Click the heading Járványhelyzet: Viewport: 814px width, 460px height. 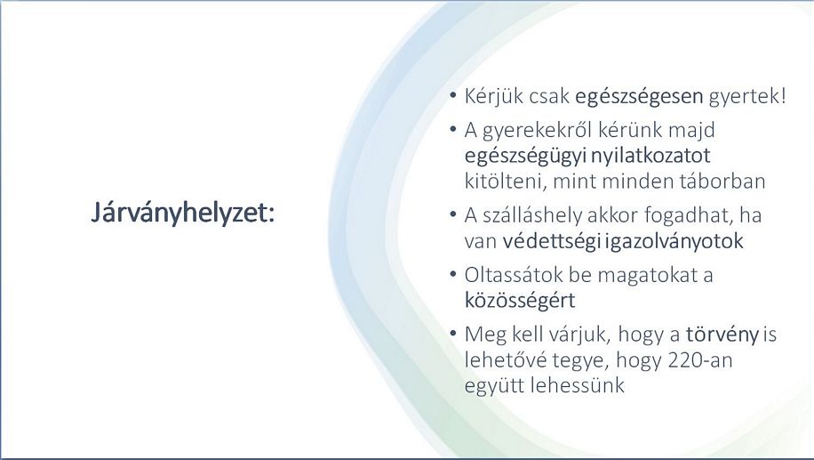[183, 214]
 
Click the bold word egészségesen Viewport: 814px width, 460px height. [639, 97]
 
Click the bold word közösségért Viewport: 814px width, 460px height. [520, 301]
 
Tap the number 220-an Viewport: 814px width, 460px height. [699, 360]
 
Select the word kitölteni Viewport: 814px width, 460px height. [506, 182]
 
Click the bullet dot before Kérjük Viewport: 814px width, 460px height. [453, 95]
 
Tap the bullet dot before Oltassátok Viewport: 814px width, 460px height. [453, 273]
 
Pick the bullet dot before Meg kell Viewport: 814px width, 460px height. [453, 333]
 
